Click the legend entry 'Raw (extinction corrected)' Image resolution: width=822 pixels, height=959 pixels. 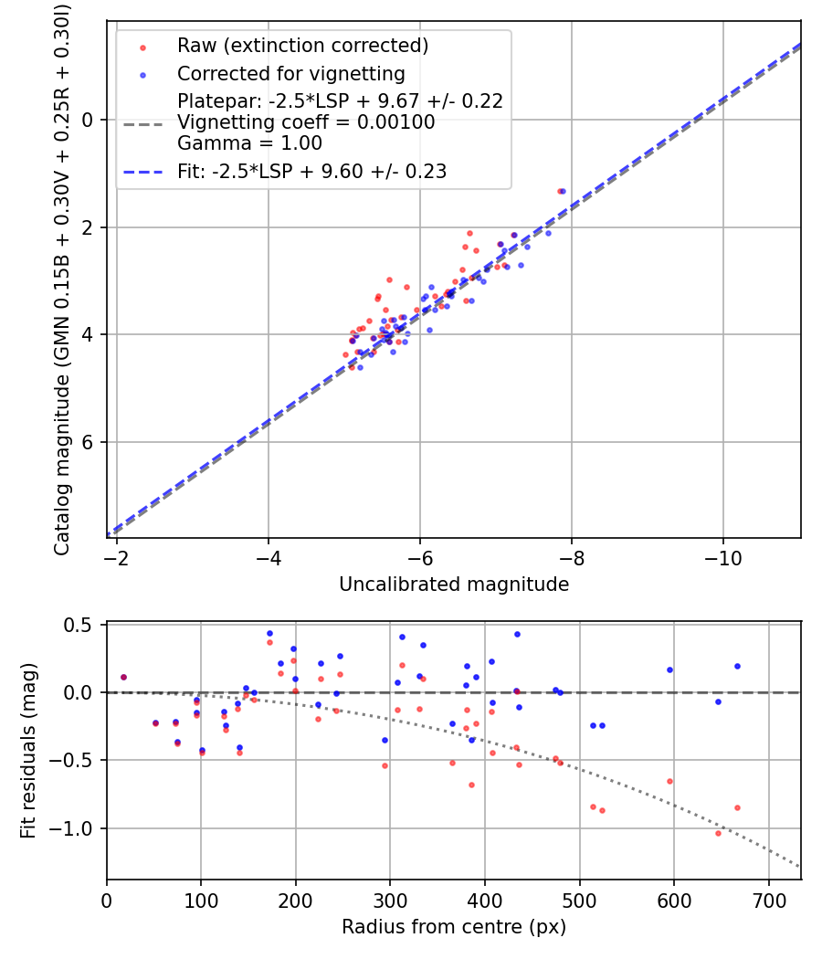pyautogui.click(x=302, y=45)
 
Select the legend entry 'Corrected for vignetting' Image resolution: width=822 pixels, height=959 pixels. pyautogui.click(x=290, y=73)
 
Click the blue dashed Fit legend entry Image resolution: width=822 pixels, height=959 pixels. pyautogui.click(x=311, y=171)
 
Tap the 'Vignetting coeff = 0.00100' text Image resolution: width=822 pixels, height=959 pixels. pyautogui.click(x=306, y=122)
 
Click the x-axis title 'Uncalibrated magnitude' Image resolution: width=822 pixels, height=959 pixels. pyautogui.click(x=453, y=585)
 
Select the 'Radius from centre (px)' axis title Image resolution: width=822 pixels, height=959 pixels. pyautogui.click(x=453, y=927)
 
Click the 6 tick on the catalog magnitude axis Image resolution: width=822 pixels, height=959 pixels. pyautogui.click(x=89, y=442)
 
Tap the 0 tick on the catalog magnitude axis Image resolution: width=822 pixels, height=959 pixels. pyautogui.click(x=89, y=120)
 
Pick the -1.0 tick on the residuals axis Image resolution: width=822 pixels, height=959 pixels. pyautogui.click(x=77, y=828)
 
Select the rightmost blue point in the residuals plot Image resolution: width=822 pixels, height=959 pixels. pyautogui.click(x=737, y=666)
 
